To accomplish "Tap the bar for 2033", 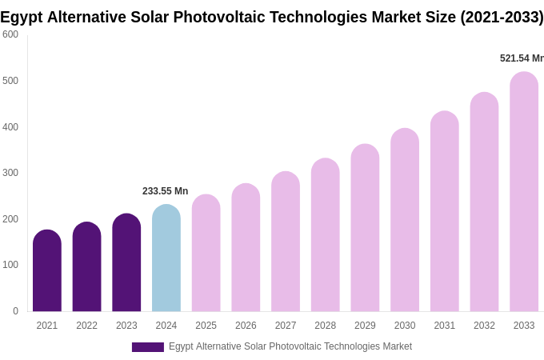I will (x=524, y=192).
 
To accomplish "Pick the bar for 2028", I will (x=326, y=235).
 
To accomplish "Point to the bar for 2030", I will (x=405, y=220).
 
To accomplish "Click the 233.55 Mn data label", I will (x=165, y=191).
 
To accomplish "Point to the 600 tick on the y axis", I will (x=10, y=34).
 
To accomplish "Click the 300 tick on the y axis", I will (x=10, y=173).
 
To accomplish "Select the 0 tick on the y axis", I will (x=15, y=311).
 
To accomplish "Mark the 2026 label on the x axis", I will (x=246, y=326).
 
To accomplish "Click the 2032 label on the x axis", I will (x=484, y=326).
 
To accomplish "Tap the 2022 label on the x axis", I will (x=86, y=326).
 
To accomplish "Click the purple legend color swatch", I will (x=148, y=347).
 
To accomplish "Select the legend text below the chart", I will (x=290, y=346).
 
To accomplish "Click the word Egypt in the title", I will (x=22, y=17).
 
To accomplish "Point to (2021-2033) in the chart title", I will (x=502, y=17).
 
